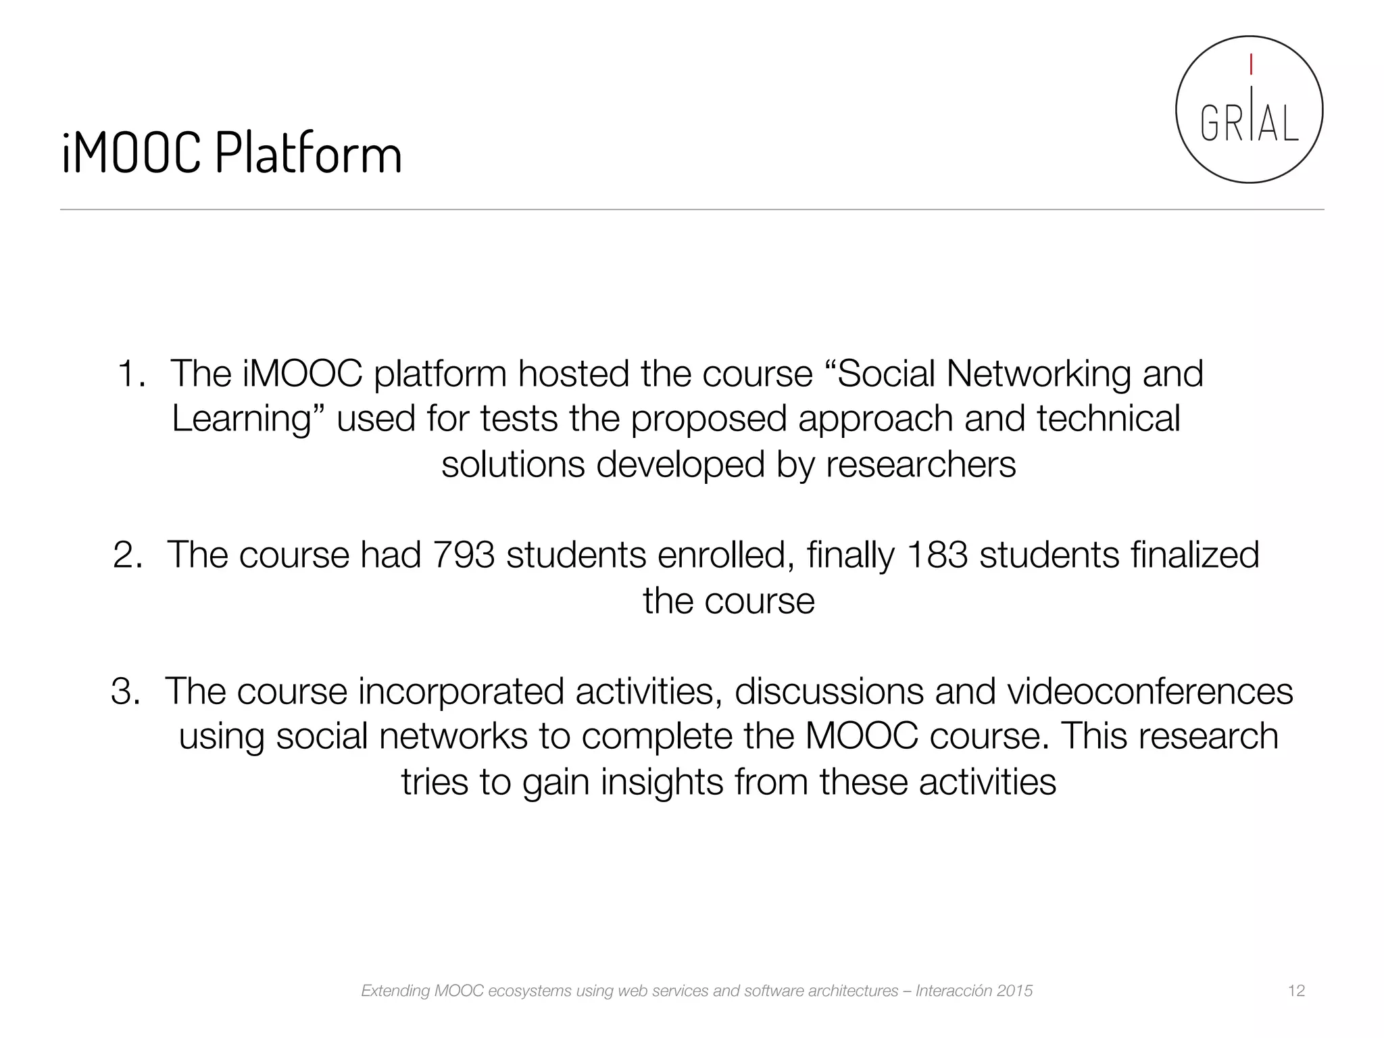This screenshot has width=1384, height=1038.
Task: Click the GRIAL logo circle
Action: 1249,109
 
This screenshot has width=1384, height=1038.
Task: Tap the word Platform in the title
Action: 309,154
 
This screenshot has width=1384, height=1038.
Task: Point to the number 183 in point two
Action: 937,555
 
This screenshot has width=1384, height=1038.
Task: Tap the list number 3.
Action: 125,691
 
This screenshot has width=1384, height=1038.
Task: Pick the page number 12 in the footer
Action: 1296,991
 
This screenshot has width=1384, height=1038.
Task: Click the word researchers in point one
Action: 920,465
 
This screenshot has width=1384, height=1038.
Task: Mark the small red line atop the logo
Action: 1251,65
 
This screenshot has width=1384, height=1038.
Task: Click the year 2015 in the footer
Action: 1014,991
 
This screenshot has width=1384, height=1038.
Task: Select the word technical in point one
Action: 1108,419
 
